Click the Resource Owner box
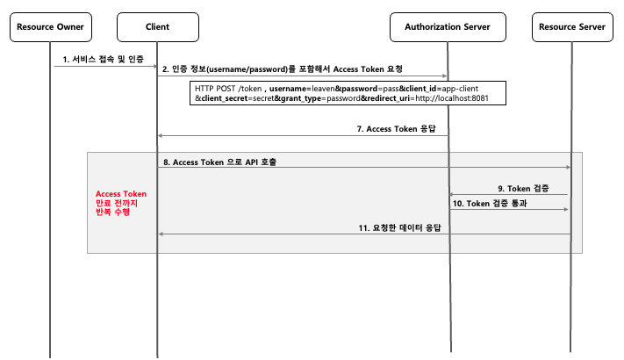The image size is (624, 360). point(50,27)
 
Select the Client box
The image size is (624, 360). point(157,27)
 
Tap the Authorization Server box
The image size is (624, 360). point(447,27)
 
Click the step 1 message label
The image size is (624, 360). point(104,59)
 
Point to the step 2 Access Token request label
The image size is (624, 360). point(282,68)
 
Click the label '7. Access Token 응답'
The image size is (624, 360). point(400,128)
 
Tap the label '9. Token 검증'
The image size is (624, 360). point(524,187)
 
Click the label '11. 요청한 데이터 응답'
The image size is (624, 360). point(399,227)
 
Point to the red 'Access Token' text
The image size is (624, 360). point(121,194)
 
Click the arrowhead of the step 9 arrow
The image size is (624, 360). point(452,194)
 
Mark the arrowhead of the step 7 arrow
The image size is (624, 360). point(161,135)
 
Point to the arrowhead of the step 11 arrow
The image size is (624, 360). point(161,234)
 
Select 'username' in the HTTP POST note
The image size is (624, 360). point(288,89)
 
